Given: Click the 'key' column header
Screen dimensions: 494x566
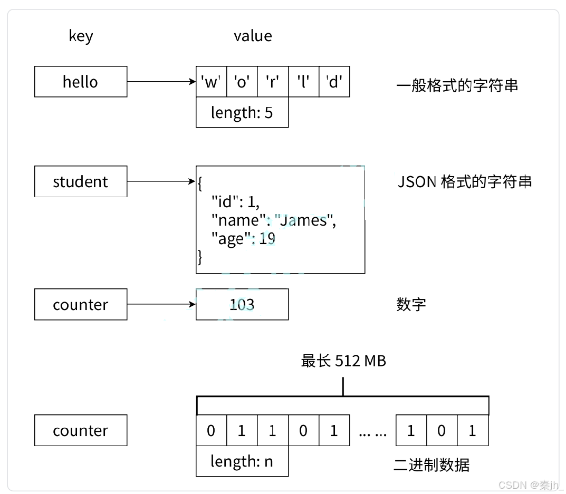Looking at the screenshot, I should click(x=81, y=36).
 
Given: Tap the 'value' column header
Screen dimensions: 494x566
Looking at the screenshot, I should click(x=253, y=36).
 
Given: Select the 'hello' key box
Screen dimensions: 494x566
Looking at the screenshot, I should click(x=81, y=82).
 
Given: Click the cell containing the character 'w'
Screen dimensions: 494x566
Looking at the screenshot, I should click(x=211, y=82).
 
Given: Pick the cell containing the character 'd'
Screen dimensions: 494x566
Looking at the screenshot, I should click(x=334, y=82).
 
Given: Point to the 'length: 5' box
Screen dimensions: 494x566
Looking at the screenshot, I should click(x=242, y=112).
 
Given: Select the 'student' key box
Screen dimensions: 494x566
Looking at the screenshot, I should click(x=81, y=181).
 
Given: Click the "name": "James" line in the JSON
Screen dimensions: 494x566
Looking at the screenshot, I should click(x=273, y=220).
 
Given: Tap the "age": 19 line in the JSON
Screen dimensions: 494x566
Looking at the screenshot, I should click(x=243, y=239).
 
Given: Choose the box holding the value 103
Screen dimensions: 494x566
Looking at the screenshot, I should click(x=242, y=304).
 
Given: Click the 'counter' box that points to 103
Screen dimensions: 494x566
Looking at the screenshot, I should click(x=81, y=304).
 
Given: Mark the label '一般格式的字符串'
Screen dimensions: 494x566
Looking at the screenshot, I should click(x=457, y=85).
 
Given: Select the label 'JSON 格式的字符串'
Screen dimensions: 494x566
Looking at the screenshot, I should click(x=464, y=182).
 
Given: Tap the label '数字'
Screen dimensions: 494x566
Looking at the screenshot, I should click(x=411, y=304).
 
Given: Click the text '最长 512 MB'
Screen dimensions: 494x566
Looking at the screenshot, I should click(x=343, y=361).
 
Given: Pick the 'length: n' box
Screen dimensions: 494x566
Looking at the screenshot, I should click(x=242, y=461).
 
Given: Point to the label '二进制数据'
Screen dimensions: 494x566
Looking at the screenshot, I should click(x=431, y=464).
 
